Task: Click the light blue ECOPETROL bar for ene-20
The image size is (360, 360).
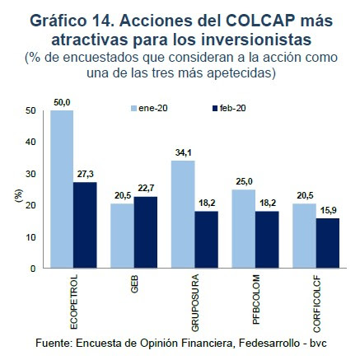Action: click(x=61, y=189)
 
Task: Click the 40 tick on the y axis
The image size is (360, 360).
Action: click(x=30, y=142)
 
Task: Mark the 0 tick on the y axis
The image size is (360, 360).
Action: click(x=34, y=269)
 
